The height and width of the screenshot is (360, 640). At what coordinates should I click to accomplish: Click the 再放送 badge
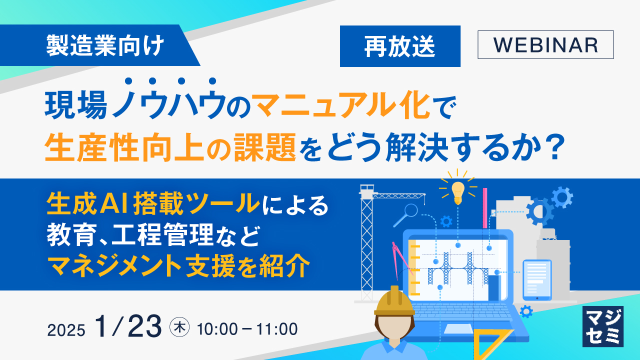click(x=399, y=46)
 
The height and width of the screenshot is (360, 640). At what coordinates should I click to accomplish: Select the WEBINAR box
click(x=545, y=45)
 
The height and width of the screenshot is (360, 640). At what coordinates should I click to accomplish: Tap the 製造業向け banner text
click(x=105, y=46)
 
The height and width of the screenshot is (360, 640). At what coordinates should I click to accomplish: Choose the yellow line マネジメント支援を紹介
click(x=178, y=267)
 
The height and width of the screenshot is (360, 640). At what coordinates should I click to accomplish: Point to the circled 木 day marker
click(x=178, y=328)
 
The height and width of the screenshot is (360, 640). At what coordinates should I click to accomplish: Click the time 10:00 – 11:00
click(x=247, y=329)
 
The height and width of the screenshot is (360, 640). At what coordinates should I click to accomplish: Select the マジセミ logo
click(x=603, y=326)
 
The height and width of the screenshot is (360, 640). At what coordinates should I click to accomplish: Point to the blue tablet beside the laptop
click(x=536, y=279)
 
